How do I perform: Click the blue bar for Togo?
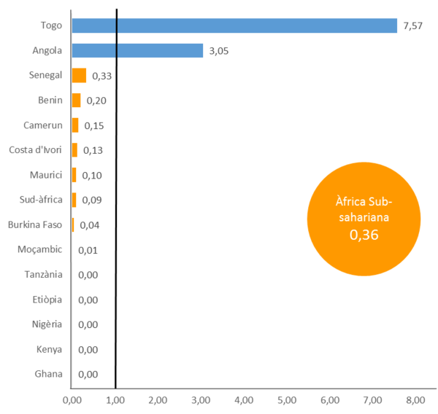pos(234,26)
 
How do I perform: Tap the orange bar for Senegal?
pos(79,75)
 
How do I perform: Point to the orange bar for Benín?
pos(76,100)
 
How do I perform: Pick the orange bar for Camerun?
pos(75,125)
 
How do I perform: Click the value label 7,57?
pos(413,26)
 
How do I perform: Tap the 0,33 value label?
pos(101,76)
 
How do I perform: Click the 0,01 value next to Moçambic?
pos(87,250)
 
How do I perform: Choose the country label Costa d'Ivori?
pos(36,150)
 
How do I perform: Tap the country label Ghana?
pos(48,374)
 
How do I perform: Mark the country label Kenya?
pos(49,349)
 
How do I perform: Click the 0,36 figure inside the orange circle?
pos(363,235)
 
